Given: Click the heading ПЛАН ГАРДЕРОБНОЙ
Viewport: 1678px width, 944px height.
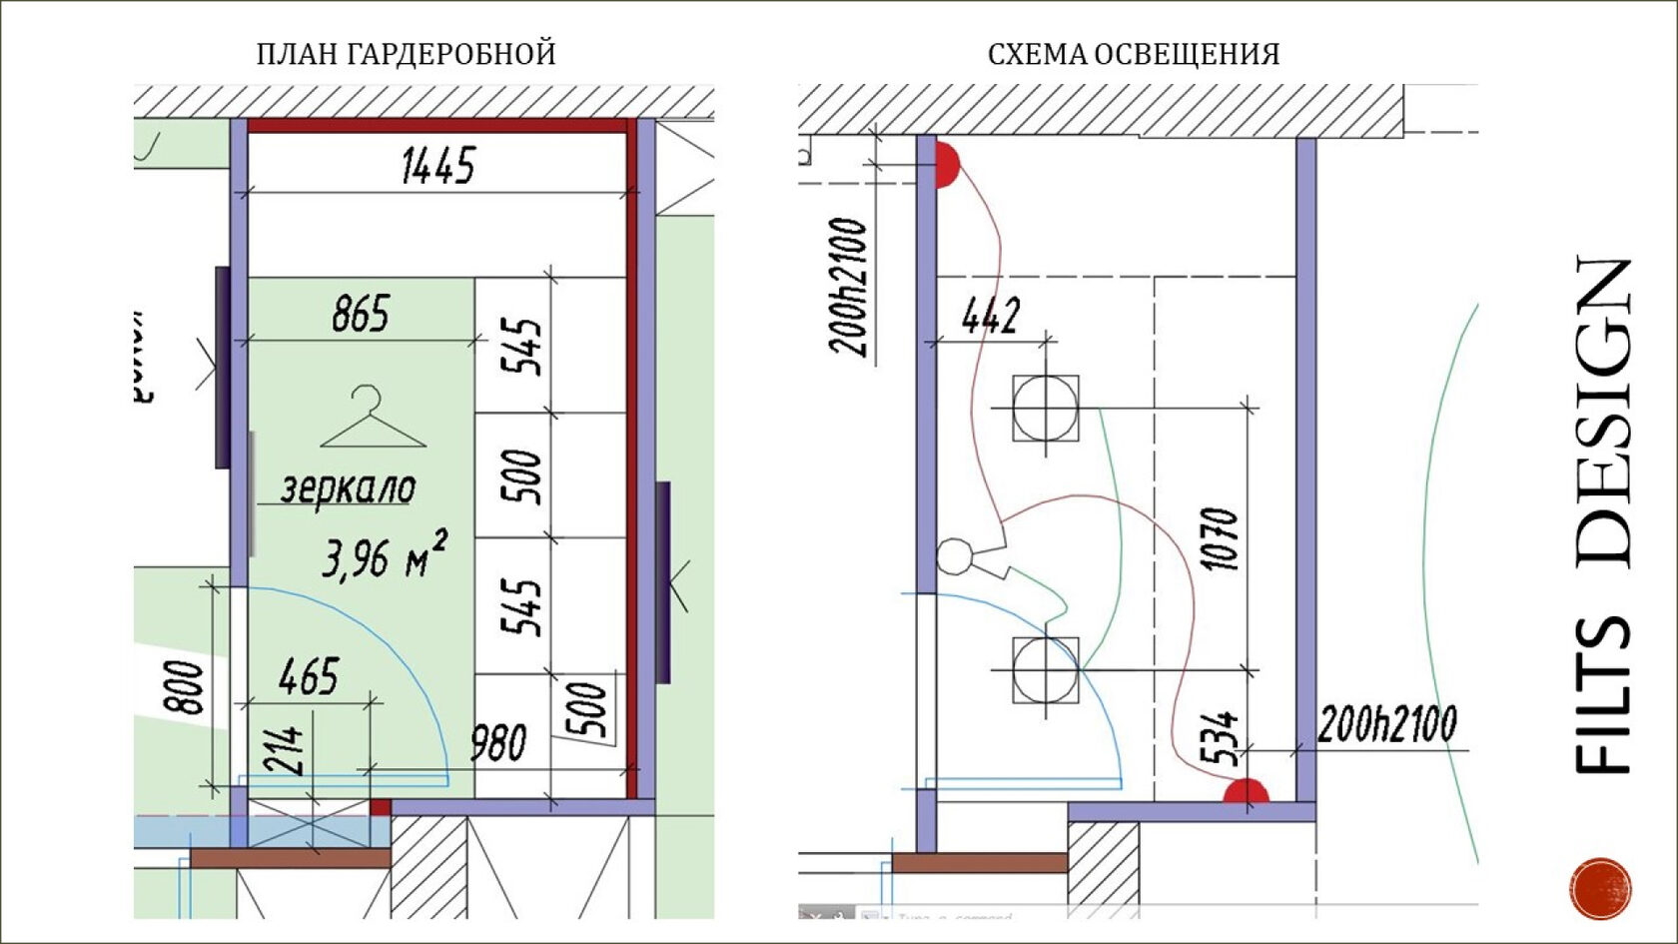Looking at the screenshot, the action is coord(406,54).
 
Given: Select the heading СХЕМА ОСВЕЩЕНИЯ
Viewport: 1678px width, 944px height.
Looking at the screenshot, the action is coord(1134,54).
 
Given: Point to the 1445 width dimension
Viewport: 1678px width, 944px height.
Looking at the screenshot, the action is coord(438,166).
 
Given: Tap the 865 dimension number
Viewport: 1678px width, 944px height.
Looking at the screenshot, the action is coord(361,314).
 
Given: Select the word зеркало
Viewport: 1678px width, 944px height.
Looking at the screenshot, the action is coord(348,488).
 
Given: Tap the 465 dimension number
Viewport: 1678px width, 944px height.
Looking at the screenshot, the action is coord(309,677).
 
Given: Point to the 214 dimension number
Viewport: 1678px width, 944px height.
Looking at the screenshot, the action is coord(284,750).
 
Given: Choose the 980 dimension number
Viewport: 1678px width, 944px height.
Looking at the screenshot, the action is coord(498,743).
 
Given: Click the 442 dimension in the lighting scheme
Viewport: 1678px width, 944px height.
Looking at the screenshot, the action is coord(991,317).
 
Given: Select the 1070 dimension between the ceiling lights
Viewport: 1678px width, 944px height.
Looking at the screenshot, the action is coord(1221,538).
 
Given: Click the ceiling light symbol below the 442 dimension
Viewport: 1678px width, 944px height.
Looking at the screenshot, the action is coord(1045,408).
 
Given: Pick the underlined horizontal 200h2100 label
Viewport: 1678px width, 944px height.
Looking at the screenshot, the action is coord(1387,724).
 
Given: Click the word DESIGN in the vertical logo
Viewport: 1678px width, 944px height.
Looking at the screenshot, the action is coord(1602,412).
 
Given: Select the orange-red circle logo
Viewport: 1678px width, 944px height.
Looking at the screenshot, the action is coord(1600,887).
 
